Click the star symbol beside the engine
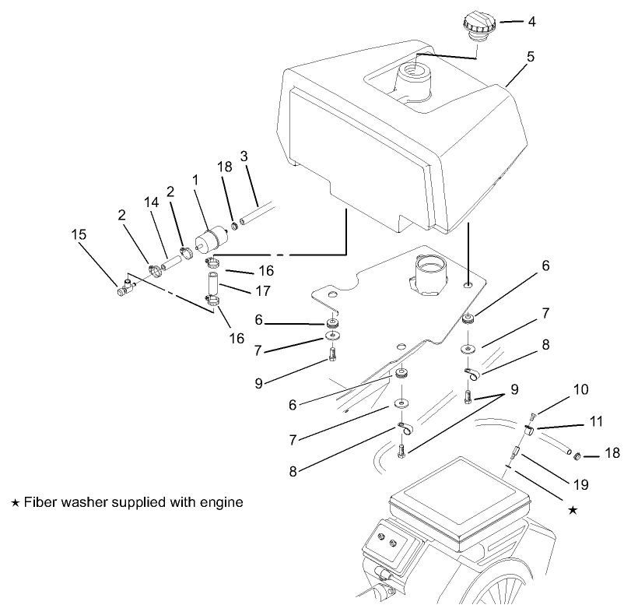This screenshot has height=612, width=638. point(573,510)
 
